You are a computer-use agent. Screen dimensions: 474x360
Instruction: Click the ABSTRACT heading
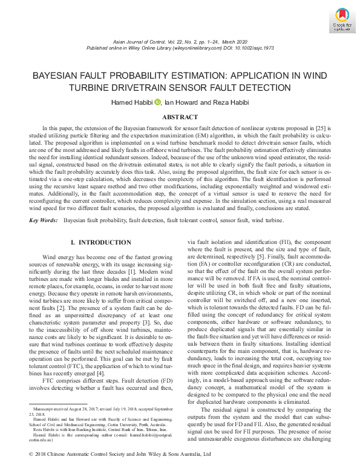coord(180,117)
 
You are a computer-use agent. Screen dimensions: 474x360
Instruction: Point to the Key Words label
coord(45,220)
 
